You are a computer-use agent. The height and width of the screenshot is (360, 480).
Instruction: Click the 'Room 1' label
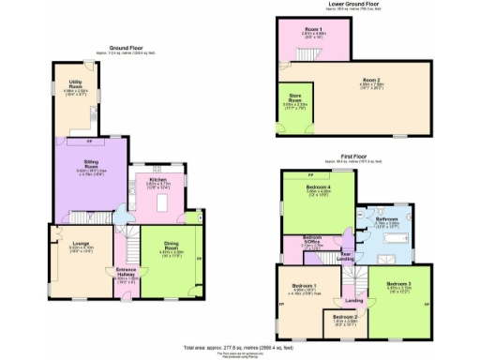[x=312, y=31]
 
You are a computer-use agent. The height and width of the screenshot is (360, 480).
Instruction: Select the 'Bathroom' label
[x=385, y=218]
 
